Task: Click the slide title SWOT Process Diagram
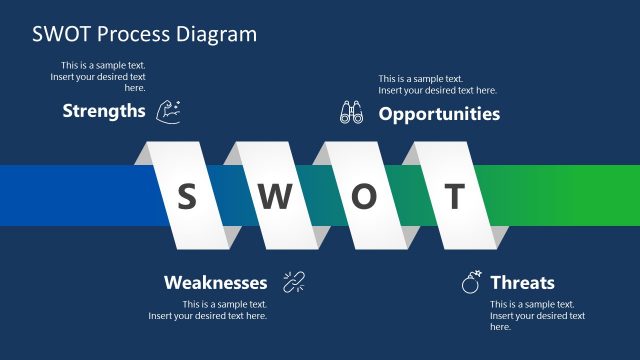144,34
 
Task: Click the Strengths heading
104,111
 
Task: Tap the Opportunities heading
439,114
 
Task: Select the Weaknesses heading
215,283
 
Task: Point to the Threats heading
522,283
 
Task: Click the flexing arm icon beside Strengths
169,110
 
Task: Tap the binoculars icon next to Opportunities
351,113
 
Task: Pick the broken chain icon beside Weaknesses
293,282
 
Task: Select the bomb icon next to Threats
471,282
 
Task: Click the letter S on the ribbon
186,197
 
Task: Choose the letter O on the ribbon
364,197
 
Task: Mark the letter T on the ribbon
454,197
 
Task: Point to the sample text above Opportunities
437,84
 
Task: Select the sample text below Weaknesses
208,310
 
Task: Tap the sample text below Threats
537,315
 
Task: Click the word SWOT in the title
65,34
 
